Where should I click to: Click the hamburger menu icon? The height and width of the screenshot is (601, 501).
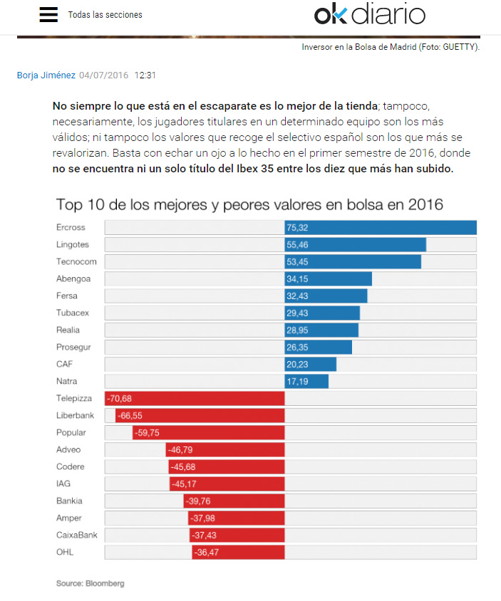[x=48, y=14]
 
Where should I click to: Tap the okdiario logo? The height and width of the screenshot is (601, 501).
[x=369, y=14]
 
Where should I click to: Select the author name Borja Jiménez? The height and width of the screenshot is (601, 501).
[x=46, y=75]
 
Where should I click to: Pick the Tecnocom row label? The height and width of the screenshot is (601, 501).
[x=76, y=261]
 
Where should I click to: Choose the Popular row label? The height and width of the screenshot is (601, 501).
[x=71, y=432]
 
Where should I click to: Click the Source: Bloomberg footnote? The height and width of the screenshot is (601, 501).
[x=90, y=583]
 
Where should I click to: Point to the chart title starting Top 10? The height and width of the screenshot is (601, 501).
[x=249, y=205]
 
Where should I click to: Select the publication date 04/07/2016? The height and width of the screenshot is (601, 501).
[x=104, y=75]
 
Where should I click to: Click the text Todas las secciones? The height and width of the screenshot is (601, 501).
[x=105, y=15]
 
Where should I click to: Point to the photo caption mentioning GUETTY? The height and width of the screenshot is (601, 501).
[x=391, y=47]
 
